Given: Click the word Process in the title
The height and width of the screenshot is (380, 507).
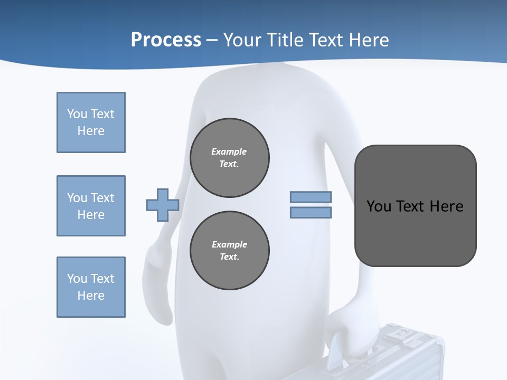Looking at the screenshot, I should coord(166,40).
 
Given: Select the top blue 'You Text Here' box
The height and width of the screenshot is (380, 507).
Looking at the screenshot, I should coord(91,122).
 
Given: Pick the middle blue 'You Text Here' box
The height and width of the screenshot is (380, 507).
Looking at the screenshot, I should coord(91,206).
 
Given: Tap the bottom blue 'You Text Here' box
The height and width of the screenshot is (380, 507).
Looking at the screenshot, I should coord(91,287).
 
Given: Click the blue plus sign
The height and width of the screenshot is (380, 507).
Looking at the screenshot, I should coord(162,205).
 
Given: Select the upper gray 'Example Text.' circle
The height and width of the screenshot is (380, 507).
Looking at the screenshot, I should coord(230,158).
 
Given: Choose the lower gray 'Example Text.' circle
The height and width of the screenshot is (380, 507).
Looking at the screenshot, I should coord(230,251).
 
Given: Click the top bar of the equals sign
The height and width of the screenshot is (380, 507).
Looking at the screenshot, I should coord(311,197).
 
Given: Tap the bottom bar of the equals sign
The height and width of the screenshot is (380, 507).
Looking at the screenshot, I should coord(311,213).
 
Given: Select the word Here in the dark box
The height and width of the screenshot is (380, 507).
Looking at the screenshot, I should coord(446,206).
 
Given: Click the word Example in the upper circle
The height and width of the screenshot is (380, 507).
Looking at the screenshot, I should coord(229,151).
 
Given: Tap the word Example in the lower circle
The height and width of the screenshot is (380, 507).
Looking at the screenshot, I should coord(229,244).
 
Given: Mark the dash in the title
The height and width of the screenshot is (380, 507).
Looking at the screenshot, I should coord(212,40).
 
